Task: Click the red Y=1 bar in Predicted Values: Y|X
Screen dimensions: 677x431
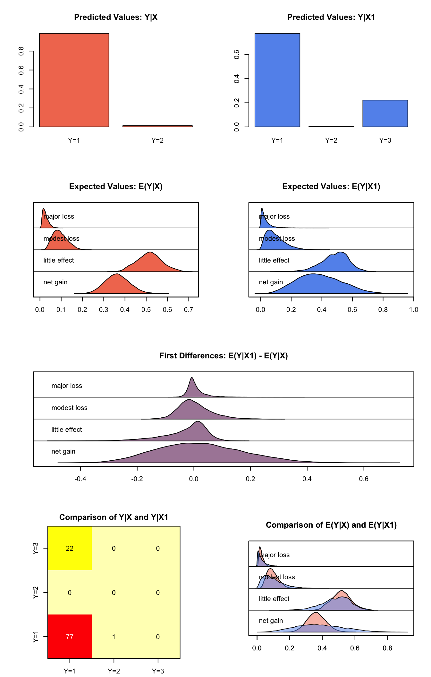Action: (x=74, y=80)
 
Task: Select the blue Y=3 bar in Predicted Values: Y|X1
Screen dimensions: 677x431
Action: (x=385, y=113)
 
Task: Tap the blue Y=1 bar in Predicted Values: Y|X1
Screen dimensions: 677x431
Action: (x=277, y=80)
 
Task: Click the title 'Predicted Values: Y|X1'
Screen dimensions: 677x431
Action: (x=331, y=17)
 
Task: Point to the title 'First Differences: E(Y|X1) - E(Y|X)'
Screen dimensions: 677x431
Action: (x=224, y=356)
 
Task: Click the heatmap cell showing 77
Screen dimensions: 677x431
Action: (x=70, y=637)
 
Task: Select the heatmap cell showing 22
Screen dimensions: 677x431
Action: (x=70, y=548)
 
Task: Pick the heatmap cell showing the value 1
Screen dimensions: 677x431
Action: (x=114, y=637)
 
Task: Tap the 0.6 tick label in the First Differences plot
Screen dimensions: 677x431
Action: (x=364, y=479)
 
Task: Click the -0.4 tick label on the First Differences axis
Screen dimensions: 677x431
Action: (x=80, y=479)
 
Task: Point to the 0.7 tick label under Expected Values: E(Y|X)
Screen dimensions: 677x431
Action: (x=189, y=310)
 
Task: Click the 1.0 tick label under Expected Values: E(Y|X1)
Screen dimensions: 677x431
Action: (x=414, y=310)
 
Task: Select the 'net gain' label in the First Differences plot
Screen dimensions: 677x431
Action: (x=63, y=451)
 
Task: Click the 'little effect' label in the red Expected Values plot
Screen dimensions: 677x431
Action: (x=59, y=260)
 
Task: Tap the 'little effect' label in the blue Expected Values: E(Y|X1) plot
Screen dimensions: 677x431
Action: (x=274, y=260)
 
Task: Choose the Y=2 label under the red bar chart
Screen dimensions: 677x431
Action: (x=157, y=140)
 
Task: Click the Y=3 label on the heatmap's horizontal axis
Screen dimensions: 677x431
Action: (x=158, y=671)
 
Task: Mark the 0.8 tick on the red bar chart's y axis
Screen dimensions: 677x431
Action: (x=21, y=51)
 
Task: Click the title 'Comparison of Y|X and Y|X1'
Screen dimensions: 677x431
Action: (x=114, y=517)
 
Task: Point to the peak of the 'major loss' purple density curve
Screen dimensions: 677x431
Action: (x=192, y=378)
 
